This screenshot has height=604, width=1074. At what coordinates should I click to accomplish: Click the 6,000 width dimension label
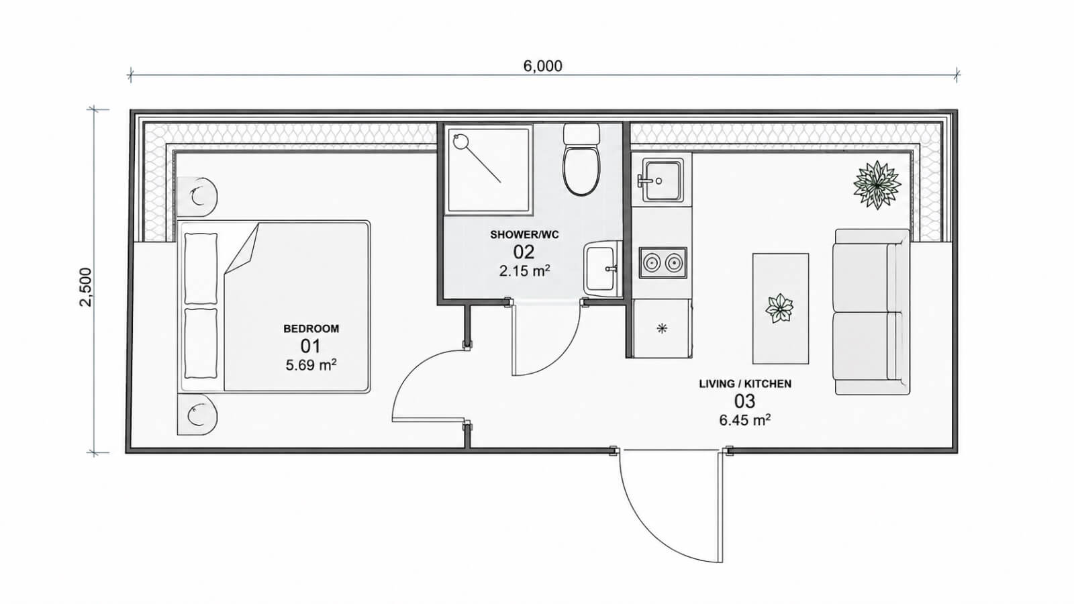[542, 66]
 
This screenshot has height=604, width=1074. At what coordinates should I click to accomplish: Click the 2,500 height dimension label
[86, 287]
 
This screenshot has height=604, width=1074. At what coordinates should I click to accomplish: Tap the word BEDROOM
[311, 329]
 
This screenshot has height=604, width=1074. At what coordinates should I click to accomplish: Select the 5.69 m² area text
[311, 365]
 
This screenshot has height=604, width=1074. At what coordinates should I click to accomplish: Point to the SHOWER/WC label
[524, 235]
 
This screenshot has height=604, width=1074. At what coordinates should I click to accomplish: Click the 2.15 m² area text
[524, 271]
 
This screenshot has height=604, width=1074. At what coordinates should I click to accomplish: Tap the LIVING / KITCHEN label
[745, 384]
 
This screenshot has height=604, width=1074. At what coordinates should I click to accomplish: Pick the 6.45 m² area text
[745, 420]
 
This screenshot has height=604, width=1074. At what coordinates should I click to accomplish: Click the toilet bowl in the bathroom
[581, 170]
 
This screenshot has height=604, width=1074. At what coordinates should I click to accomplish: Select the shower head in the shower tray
[460, 141]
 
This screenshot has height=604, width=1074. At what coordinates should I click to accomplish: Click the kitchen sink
[663, 181]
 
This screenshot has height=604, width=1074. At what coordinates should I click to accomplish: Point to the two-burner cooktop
[663, 262]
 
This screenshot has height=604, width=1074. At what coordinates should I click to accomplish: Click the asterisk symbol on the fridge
[662, 328]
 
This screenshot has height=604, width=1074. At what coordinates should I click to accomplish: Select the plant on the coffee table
[779, 308]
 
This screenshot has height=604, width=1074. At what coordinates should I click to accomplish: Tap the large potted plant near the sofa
[877, 185]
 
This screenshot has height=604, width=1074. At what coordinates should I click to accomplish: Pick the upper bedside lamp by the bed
[197, 196]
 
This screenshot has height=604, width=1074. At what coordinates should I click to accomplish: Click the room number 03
[744, 401]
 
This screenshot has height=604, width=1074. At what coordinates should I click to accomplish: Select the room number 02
[524, 252]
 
